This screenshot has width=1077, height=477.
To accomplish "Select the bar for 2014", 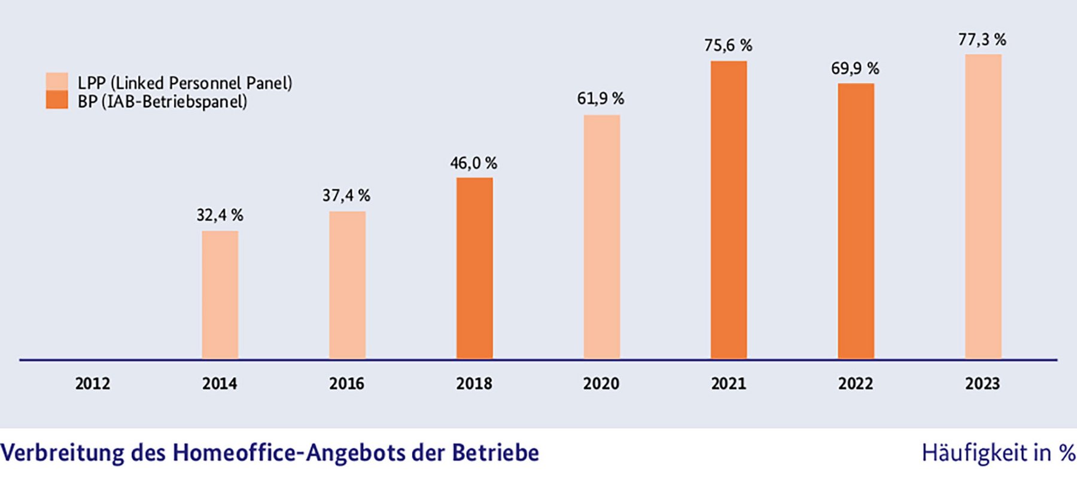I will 220,294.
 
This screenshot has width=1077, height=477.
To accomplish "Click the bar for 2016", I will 347,285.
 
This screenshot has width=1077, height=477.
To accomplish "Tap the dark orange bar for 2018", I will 474,268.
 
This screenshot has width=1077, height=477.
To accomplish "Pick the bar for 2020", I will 601,237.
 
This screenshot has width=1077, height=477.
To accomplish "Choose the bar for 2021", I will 728,209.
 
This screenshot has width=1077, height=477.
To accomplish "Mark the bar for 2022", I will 856,221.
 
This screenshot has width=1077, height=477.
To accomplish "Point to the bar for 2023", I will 982,206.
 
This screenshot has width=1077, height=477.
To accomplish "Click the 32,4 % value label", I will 220,215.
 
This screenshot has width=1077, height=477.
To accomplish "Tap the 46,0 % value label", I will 473,163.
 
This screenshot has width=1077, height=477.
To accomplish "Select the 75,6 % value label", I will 728,45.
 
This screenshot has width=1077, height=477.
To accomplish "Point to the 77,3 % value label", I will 982,40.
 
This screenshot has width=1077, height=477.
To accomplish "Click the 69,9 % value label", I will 855,69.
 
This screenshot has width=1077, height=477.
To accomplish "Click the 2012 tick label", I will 93,384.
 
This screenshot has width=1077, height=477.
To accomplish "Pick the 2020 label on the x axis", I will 601,384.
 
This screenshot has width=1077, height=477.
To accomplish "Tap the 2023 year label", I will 982,384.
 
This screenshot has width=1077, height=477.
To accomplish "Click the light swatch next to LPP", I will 57,82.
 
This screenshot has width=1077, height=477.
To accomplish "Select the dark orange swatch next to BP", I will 57,101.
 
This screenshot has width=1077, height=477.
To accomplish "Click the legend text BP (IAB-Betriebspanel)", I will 162,102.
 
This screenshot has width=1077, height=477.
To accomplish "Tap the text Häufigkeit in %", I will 998,453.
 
